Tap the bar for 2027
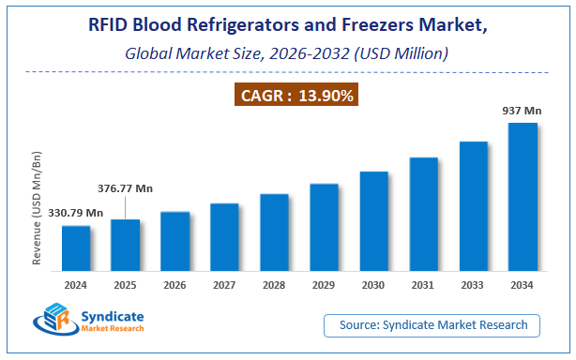[x=225, y=235]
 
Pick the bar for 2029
[x=324, y=226]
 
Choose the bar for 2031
[x=423, y=213]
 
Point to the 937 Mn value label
[x=521, y=111]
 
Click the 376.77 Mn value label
[x=126, y=187]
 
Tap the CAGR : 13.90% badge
[x=287, y=95]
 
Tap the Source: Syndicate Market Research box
[x=432, y=325]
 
